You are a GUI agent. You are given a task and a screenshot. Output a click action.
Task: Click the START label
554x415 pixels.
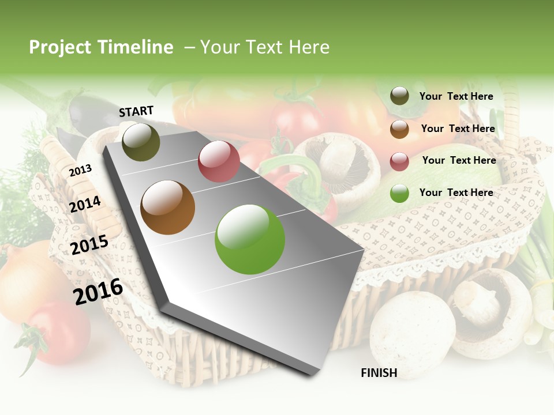point(136,111)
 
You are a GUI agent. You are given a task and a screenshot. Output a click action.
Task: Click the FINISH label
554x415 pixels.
point(379,373)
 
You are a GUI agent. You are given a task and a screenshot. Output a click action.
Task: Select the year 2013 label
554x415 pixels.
point(80,171)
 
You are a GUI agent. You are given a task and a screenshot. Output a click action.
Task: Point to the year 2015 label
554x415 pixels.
point(89,245)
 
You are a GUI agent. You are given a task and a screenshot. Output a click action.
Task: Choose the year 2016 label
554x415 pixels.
point(98,292)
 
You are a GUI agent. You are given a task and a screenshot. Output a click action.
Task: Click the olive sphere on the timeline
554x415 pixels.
point(141,142)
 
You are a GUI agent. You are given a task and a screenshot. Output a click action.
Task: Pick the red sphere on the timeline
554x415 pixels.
point(219,161)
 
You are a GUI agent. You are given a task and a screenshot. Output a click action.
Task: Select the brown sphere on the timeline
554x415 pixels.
point(167,207)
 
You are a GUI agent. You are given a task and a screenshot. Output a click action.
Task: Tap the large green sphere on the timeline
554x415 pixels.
point(250,239)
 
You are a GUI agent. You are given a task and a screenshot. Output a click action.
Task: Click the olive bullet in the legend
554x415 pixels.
point(399,96)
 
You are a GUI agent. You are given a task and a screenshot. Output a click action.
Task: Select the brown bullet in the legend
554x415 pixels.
point(399,129)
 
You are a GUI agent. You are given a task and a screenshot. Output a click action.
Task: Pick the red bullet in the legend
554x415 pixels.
point(399,161)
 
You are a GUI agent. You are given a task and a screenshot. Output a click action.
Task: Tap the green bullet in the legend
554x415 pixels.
point(399,193)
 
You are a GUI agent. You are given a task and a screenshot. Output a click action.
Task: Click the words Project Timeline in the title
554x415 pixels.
point(101,47)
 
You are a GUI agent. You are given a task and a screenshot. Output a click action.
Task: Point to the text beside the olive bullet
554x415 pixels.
point(456,96)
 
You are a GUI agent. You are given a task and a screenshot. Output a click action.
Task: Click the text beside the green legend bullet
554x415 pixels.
point(456,193)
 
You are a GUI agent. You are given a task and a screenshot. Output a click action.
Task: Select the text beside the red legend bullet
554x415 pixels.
point(459,160)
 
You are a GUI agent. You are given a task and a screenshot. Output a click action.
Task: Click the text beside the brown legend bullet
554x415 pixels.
point(458,129)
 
